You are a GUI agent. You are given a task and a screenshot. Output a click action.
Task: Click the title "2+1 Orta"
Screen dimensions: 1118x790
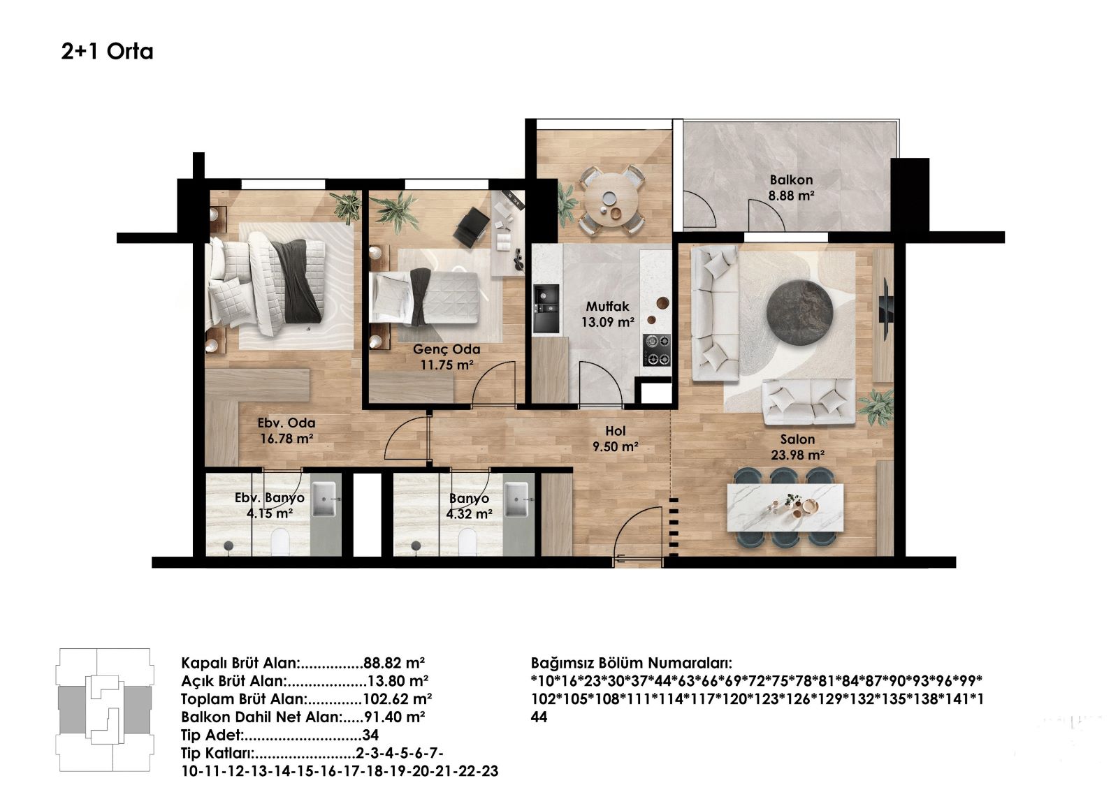[x=107, y=52]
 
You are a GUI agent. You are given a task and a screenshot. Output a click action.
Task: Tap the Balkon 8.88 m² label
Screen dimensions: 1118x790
[x=791, y=187]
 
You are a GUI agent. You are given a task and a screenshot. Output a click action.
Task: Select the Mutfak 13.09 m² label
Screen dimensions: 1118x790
[x=607, y=314]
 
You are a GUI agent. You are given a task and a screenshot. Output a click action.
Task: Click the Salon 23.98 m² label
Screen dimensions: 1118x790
[x=797, y=446]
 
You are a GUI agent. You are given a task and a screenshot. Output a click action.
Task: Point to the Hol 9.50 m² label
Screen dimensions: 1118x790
[x=616, y=438]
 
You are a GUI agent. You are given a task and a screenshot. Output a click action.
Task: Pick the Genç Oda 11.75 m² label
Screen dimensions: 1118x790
[x=447, y=357]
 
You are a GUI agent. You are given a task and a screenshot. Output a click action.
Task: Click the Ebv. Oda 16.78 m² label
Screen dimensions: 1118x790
[x=286, y=430]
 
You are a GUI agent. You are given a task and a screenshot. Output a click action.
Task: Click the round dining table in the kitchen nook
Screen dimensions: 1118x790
[x=612, y=201]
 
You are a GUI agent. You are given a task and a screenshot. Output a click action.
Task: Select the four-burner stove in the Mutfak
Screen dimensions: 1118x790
[x=656, y=349]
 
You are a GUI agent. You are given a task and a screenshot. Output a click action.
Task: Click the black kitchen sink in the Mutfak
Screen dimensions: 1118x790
[x=546, y=309]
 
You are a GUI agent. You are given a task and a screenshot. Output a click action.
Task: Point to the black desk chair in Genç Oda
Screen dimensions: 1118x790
[x=470, y=228]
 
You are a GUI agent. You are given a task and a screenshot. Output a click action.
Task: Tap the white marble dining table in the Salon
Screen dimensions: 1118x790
[x=785, y=508]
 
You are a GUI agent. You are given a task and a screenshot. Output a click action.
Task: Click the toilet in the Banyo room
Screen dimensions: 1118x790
[x=467, y=542]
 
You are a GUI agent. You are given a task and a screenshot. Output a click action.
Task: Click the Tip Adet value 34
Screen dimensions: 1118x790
[x=370, y=735]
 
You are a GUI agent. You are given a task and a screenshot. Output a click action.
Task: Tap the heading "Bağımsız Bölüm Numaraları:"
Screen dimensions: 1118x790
[x=632, y=664]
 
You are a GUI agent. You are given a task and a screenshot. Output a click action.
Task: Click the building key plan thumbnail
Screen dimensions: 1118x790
[x=105, y=710]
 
